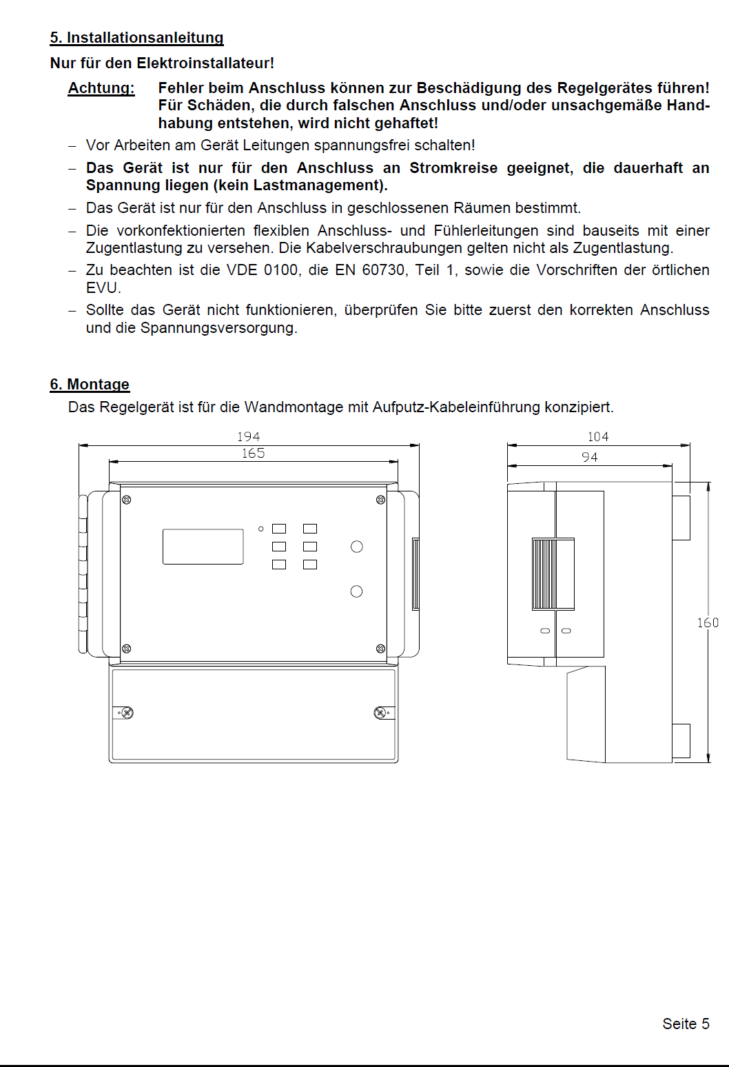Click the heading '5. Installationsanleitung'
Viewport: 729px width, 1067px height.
pos(136,38)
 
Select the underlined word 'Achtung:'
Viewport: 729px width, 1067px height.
pos(101,88)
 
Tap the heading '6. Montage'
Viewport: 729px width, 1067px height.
pos(90,385)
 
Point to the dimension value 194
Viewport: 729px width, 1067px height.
pos(248,437)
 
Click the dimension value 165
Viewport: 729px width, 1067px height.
pos(253,454)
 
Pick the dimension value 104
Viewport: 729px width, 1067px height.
pos(598,437)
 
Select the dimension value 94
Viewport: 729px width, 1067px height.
pos(589,457)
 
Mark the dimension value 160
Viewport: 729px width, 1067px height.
pos(708,623)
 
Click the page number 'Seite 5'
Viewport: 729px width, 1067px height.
pos(686,1024)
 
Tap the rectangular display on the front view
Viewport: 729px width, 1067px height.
pos(203,547)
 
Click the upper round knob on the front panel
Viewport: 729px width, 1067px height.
pos(356,547)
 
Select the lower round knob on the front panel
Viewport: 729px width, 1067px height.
pos(356,591)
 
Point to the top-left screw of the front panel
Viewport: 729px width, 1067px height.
pos(127,500)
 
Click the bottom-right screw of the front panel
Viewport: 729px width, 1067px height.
pos(380,649)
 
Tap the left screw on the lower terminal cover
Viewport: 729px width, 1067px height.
pos(127,713)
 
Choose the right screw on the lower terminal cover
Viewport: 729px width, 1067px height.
pos(380,713)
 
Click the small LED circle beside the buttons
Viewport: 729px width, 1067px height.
pos(261,529)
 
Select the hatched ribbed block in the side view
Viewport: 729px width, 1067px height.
pos(544,574)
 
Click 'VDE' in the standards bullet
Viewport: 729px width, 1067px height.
pos(241,270)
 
